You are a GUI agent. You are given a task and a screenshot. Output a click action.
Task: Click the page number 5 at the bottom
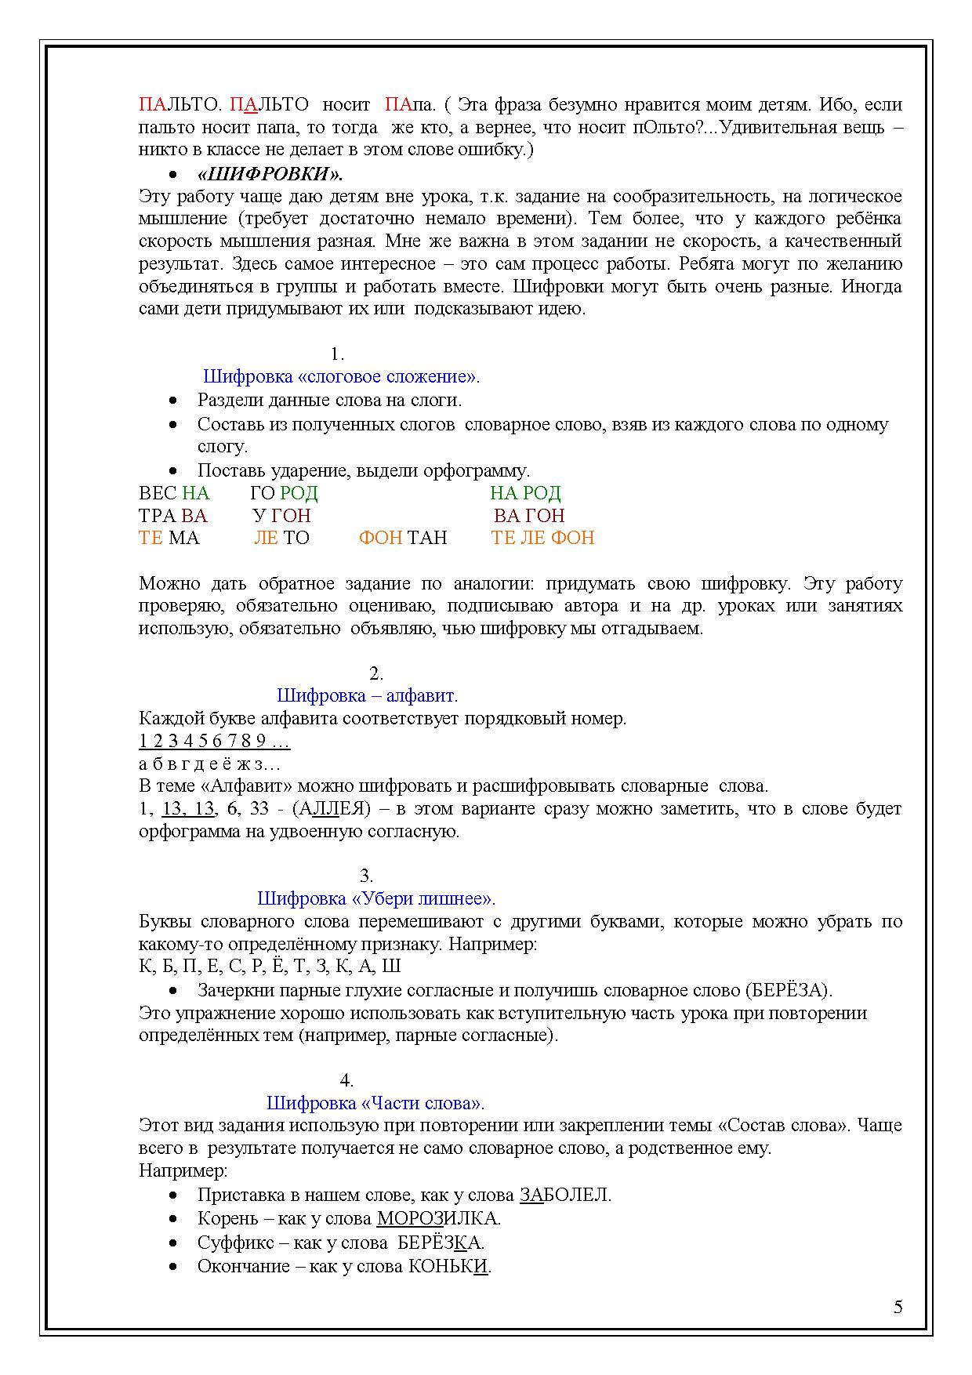[898, 1307]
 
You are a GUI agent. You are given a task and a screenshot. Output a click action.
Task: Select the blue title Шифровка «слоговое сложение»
[341, 377]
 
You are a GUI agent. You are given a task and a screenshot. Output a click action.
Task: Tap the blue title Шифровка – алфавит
[367, 695]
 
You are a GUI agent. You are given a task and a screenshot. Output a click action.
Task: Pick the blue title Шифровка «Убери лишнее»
[376, 898]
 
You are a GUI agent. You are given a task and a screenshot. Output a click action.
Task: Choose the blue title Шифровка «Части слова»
[375, 1103]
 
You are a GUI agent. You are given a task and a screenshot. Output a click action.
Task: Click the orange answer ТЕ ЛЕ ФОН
[542, 538]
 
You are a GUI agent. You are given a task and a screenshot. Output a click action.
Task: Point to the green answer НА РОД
[525, 493]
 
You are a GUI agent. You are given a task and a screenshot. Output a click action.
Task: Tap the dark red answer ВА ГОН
[529, 516]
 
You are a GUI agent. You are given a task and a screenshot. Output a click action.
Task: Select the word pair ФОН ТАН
[403, 538]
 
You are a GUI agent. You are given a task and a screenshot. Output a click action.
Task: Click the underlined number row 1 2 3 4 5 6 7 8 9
[214, 741]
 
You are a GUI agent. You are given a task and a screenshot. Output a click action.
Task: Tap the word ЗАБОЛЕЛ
[564, 1195]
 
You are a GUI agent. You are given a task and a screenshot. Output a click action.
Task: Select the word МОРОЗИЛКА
[437, 1219]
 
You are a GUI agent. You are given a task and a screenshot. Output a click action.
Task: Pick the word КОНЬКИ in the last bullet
[448, 1266]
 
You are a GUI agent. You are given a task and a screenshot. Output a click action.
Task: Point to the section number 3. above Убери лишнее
[366, 876]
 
